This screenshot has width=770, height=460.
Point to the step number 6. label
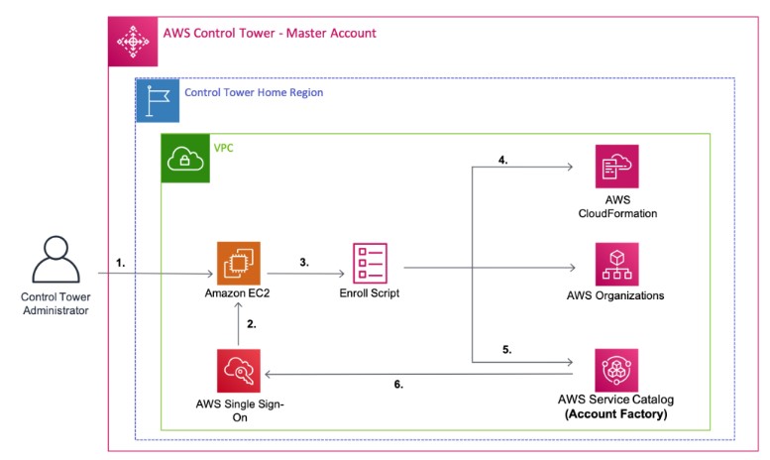[x=398, y=383]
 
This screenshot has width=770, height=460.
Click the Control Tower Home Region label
[x=254, y=92]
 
